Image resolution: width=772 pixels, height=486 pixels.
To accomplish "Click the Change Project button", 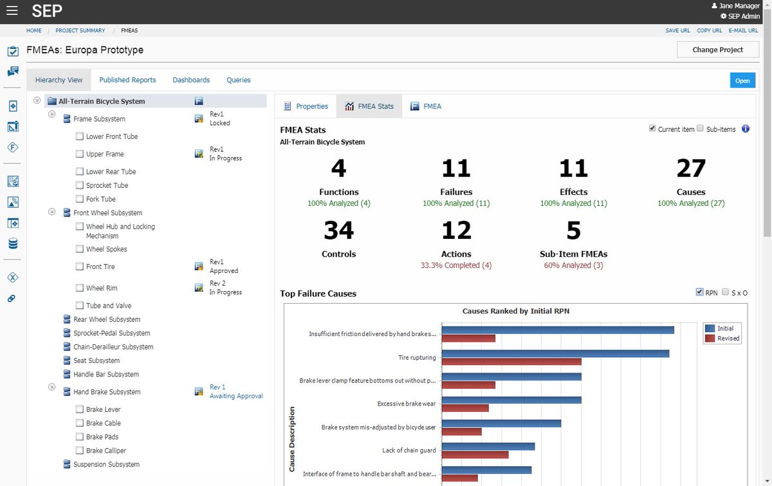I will pyautogui.click(x=717, y=50).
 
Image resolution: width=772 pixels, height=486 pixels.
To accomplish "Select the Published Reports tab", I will pyautogui.click(x=127, y=80).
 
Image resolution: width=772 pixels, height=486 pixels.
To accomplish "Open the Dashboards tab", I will pyautogui.click(x=191, y=80).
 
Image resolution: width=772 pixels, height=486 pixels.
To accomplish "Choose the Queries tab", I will pyautogui.click(x=238, y=80).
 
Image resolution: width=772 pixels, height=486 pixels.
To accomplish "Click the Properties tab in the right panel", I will pyautogui.click(x=306, y=106).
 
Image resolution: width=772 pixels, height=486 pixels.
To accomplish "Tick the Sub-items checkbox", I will pyautogui.click(x=701, y=129).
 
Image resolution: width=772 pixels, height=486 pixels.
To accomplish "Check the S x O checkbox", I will pyautogui.click(x=726, y=292).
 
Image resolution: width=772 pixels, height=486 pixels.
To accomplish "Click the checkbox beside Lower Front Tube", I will pyautogui.click(x=80, y=136).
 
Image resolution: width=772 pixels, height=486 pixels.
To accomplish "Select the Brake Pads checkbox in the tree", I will pyautogui.click(x=80, y=437).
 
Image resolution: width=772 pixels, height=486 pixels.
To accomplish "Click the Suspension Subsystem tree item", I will pyautogui.click(x=106, y=464).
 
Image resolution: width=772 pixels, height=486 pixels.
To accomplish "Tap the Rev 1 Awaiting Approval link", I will pyautogui.click(x=235, y=391).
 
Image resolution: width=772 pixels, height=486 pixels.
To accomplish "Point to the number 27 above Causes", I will pyautogui.click(x=691, y=169).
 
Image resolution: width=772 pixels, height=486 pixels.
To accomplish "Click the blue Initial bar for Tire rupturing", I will pyautogui.click(x=555, y=353).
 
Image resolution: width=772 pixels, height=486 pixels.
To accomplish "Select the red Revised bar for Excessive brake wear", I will pyautogui.click(x=465, y=408).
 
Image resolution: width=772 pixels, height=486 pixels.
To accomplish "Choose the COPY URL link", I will pyautogui.click(x=709, y=30).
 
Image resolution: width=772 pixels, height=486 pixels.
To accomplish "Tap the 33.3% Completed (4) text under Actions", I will pyautogui.click(x=456, y=265).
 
